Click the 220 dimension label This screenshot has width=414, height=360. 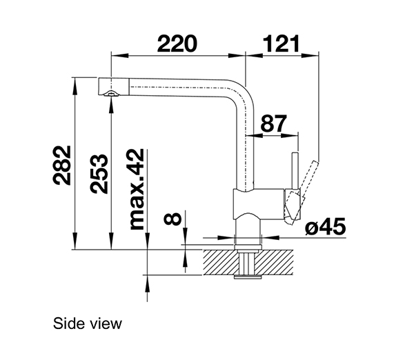click(177, 43)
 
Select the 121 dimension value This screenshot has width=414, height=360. click(282, 43)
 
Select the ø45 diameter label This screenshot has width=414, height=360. click(323, 226)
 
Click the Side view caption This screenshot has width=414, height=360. click(86, 323)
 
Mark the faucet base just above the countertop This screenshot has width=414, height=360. click(246, 231)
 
